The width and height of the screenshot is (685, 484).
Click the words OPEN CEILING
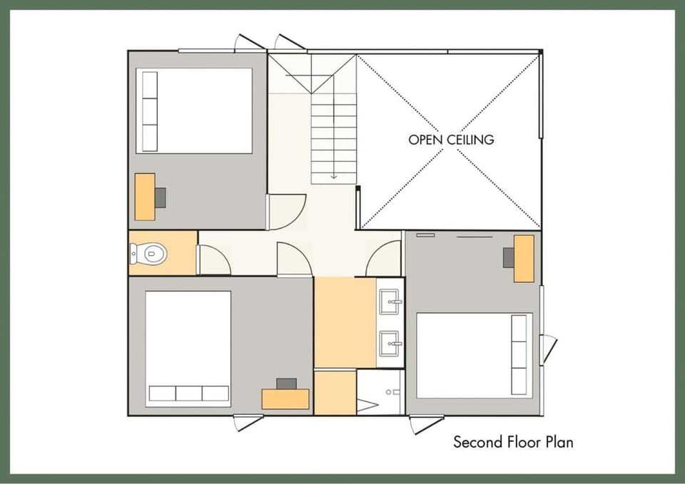451,140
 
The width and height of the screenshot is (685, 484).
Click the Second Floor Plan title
513,442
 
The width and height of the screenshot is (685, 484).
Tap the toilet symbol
148,254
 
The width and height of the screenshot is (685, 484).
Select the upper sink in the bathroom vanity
390,302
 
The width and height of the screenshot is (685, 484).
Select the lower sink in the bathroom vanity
390,344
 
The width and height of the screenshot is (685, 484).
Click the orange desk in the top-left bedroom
145,197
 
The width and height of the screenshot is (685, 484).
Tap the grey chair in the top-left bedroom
161,197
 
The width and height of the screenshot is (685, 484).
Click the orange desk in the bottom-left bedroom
285,399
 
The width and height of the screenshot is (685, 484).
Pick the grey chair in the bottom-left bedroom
287,383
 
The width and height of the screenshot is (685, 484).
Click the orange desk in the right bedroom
524,259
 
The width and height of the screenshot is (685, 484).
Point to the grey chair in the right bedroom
509,257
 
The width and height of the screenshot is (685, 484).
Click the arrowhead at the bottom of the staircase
334,176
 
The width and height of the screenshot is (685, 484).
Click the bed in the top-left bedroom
194,111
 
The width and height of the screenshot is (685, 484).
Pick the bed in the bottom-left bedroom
188,349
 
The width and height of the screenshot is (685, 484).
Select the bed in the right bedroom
475,355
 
